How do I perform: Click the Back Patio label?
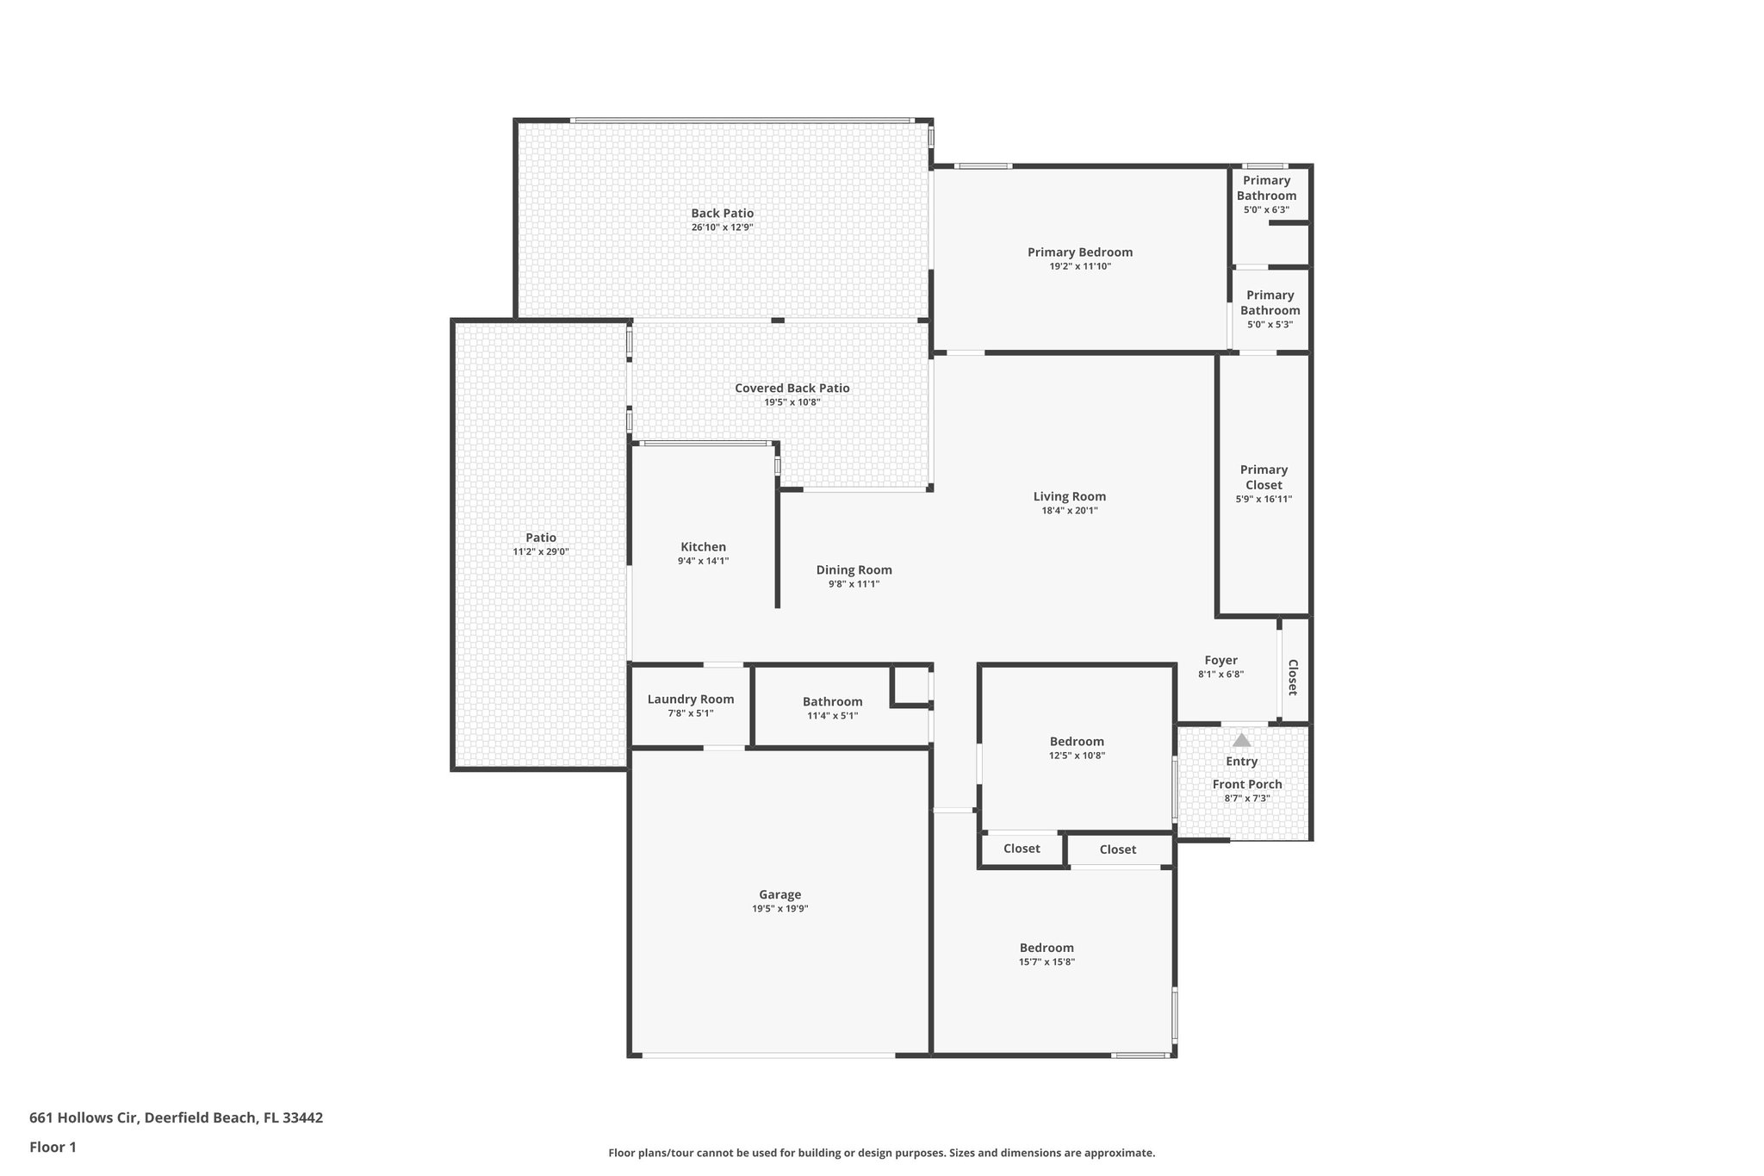722,214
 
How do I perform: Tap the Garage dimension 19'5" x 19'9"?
780,909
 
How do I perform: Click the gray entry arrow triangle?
1241,740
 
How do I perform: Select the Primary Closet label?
1264,477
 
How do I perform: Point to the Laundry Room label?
691,700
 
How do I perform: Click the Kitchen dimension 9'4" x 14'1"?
703,561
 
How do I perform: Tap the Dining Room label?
854,570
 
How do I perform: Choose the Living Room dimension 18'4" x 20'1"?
1069,511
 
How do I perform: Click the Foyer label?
1221,661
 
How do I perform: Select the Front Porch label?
1246,785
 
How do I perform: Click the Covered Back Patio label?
792,389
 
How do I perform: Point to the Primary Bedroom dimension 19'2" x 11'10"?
1079,267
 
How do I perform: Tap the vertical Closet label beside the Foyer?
1293,677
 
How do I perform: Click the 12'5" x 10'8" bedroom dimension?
1077,756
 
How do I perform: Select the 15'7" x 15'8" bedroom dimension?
1047,962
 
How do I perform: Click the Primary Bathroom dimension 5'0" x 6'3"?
1266,210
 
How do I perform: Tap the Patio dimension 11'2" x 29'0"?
541,552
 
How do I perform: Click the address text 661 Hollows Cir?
84,1118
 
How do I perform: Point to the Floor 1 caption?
53,1148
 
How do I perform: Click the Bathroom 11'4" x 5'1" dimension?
832,716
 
